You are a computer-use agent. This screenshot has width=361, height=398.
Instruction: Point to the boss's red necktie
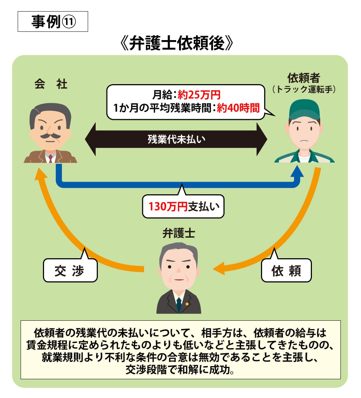(x=51, y=158)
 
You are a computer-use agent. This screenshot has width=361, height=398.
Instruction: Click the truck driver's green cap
(x=304, y=108)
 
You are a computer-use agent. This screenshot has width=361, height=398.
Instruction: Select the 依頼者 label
(x=304, y=78)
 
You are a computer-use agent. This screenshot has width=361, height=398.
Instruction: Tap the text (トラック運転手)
(x=304, y=89)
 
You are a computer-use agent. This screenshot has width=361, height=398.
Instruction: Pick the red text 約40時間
(x=238, y=108)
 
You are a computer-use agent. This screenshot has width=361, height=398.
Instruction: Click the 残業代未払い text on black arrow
(x=176, y=139)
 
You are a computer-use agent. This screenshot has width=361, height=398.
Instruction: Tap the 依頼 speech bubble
(x=286, y=271)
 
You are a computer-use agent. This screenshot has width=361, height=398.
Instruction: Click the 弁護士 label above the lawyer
(x=179, y=233)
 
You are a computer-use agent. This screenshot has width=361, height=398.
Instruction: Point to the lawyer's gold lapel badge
(x=187, y=304)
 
